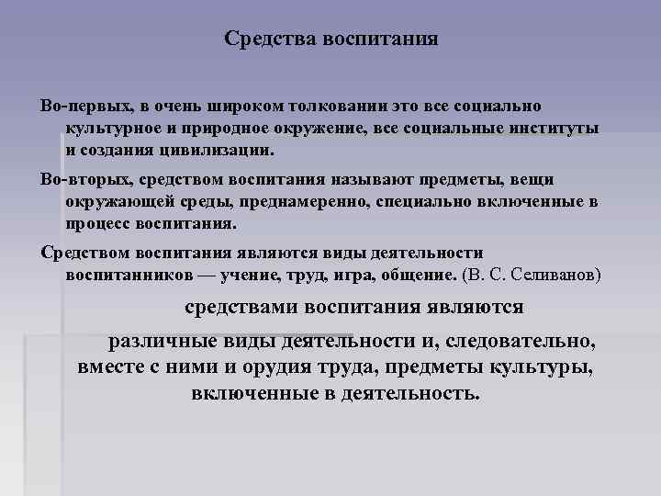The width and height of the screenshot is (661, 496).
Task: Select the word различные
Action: [x=161, y=342]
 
